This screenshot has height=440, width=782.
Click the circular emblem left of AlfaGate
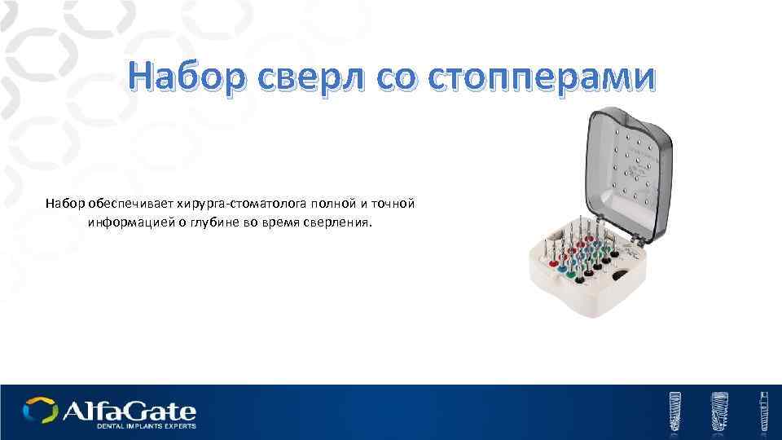40,410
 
